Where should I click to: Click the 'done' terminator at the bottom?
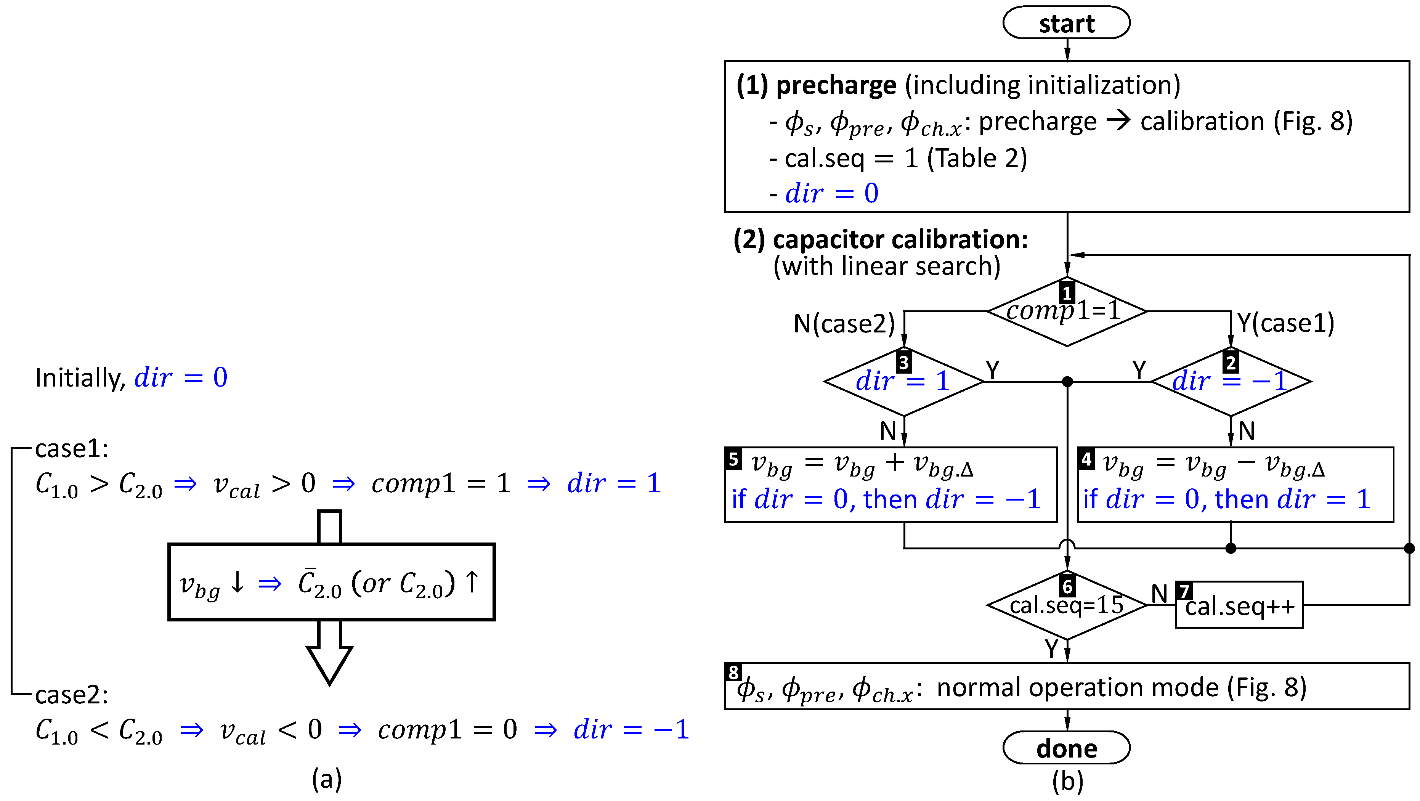[x=1066, y=748]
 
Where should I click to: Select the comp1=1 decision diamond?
[x=1066, y=312]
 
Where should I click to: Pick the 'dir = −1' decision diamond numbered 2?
[x=1231, y=382]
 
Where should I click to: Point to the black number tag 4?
[x=1086, y=459]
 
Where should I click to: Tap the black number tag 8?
[x=733, y=672]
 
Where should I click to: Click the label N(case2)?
[x=843, y=324]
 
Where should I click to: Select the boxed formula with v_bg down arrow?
[x=331, y=582]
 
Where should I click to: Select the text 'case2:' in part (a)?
[x=72, y=695]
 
